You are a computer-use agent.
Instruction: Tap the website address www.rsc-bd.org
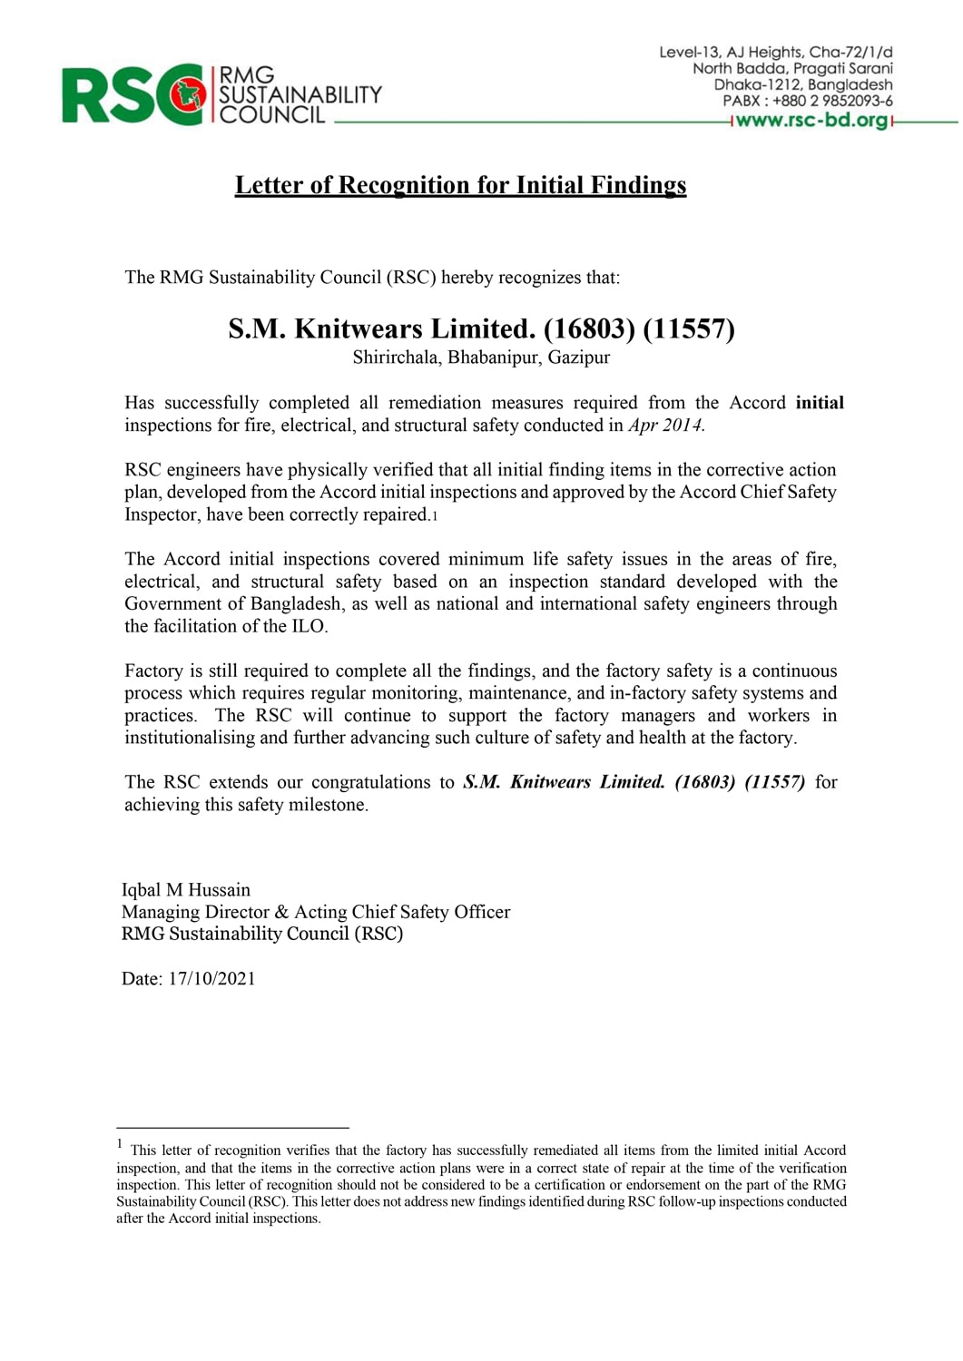tap(812, 120)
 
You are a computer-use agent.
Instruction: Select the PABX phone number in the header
tap(832, 101)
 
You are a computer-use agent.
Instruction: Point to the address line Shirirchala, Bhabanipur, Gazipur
tap(481, 357)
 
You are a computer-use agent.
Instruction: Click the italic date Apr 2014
tap(665, 426)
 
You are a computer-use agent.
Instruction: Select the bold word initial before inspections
tap(820, 403)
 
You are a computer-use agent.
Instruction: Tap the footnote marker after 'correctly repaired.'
tap(435, 516)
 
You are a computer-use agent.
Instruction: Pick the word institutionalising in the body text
tap(189, 738)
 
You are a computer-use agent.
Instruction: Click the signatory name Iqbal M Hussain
tap(186, 890)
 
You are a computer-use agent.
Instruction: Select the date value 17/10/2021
tap(211, 979)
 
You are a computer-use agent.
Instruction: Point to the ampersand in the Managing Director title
tap(280, 912)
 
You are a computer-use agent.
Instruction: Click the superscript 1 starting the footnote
tap(120, 1145)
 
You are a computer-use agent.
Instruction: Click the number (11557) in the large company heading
tap(689, 328)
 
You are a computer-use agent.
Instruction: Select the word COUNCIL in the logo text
tap(272, 115)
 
